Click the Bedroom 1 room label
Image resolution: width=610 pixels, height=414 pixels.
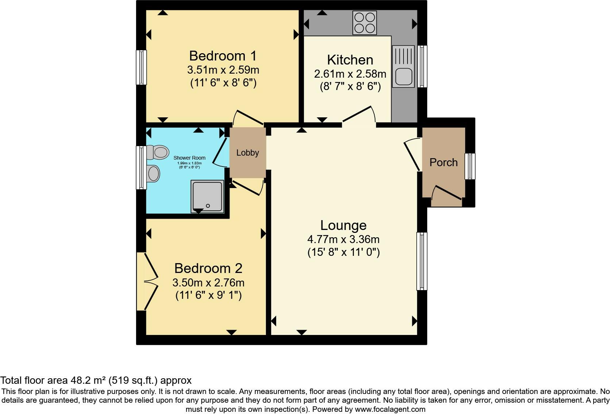(223, 56)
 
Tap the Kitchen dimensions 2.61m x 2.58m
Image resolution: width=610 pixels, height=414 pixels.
(350, 74)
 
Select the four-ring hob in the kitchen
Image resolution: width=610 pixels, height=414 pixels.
(364, 23)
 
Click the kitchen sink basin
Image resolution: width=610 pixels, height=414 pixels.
(403, 76)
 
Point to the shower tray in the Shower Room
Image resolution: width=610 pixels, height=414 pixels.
(207, 196)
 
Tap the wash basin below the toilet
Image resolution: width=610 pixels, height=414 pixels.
(153, 174)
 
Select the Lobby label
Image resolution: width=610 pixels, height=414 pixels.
(247, 153)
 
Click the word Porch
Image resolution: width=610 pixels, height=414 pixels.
(443, 163)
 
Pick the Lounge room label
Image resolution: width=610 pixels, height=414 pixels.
(343, 225)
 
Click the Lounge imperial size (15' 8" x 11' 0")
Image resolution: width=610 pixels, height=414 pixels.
(343, 252)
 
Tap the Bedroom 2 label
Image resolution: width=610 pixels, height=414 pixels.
(208, 268)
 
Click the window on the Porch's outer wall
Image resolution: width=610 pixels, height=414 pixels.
(470, 166)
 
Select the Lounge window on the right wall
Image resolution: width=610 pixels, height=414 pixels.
(422, 261)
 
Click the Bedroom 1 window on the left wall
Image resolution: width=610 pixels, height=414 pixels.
(141, 67)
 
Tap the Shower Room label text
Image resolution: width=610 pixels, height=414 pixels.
(189, 158)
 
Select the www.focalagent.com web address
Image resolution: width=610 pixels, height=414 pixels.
(390, 409)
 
